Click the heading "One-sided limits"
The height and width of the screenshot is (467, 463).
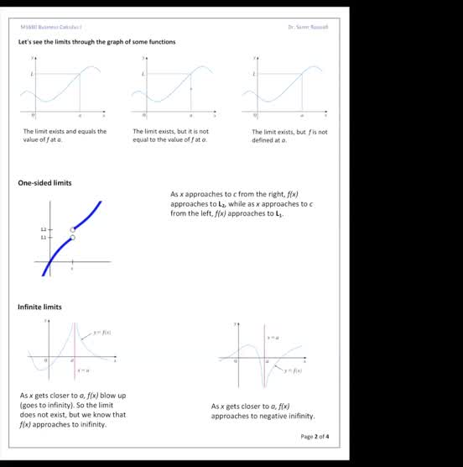44,183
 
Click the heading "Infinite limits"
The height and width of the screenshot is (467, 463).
39,307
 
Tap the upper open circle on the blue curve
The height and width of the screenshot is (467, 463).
73,228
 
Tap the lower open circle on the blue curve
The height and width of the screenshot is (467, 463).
73,238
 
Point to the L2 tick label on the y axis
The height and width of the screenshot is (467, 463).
44,229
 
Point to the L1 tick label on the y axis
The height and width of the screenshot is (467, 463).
44,238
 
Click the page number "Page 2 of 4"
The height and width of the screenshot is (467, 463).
315,437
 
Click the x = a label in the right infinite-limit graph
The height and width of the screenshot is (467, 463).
273,337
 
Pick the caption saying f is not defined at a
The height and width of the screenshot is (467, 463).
289,136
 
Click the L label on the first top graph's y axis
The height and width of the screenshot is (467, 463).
33,74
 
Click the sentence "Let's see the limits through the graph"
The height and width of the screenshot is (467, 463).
96,42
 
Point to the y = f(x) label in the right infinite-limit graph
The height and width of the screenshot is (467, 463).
292,370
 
